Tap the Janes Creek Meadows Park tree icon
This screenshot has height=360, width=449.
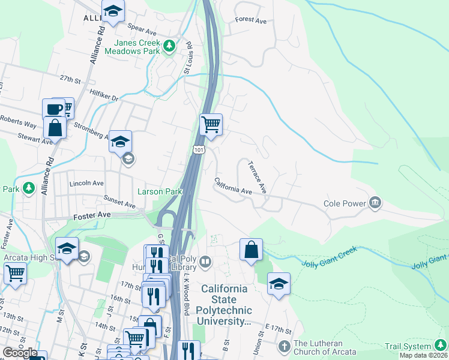(170, 45)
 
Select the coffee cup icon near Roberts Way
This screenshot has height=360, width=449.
(53, 109)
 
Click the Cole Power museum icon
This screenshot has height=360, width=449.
(376, 203)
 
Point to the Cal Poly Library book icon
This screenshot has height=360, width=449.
(205, 261)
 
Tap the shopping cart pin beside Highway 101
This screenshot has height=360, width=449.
(211, 125)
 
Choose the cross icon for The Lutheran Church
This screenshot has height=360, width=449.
(285, 346)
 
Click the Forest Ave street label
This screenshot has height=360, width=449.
(251, 20)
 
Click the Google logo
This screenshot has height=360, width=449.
(19, 353)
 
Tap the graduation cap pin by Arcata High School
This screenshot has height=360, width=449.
(67, 248)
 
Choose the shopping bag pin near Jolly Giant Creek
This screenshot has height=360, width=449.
(251, 250)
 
